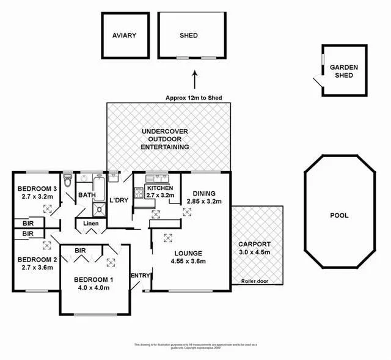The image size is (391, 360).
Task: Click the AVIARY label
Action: [124, 35]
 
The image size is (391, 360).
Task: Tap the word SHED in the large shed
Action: [189, 35]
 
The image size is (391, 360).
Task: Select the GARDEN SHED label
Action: [344, 72]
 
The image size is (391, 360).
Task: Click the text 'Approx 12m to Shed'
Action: [194, 98]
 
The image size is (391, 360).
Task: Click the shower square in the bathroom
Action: [98, 210]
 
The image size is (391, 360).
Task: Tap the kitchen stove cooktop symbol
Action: [139, 195]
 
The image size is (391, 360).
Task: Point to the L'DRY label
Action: [119, 200]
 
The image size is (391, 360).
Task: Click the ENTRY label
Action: [140, 276]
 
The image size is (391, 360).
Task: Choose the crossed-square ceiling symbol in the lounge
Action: [168, 238]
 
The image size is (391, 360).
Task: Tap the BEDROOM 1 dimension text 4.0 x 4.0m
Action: [94, 289]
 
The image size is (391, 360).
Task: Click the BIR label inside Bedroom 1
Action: [80, 250]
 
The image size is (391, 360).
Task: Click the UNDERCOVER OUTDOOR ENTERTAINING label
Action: [164, 139]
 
